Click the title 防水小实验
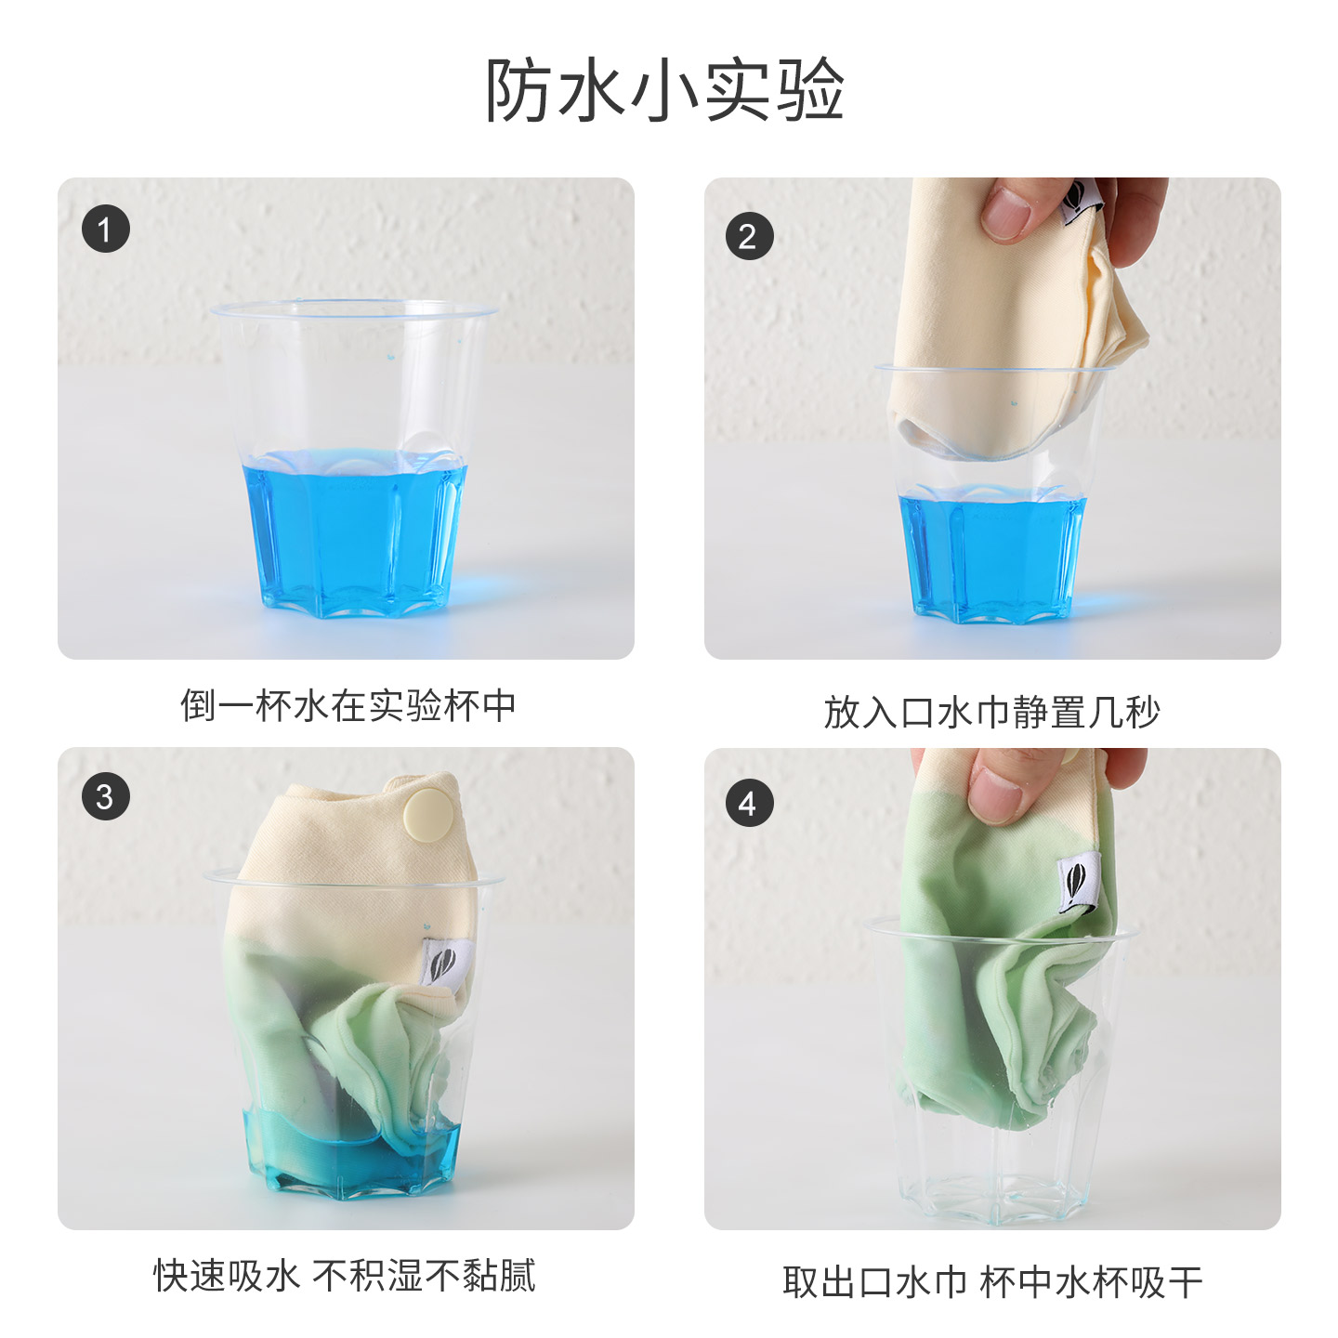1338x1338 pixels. (x=665, y=90)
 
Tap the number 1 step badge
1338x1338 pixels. (x=105, y=229)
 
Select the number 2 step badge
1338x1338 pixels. (x=749, y=236)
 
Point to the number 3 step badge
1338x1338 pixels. (x=105, y=796)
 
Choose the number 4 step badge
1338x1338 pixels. (x=749, y=803)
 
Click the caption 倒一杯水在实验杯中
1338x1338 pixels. (x=348, y=705)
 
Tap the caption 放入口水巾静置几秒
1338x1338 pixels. (x=992, y=713)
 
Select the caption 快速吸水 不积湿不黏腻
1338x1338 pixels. (x=345, y=1275)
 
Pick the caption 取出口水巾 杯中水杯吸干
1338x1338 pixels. (x=992, y=1282)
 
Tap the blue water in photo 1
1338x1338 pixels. (x=353, y=530)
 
